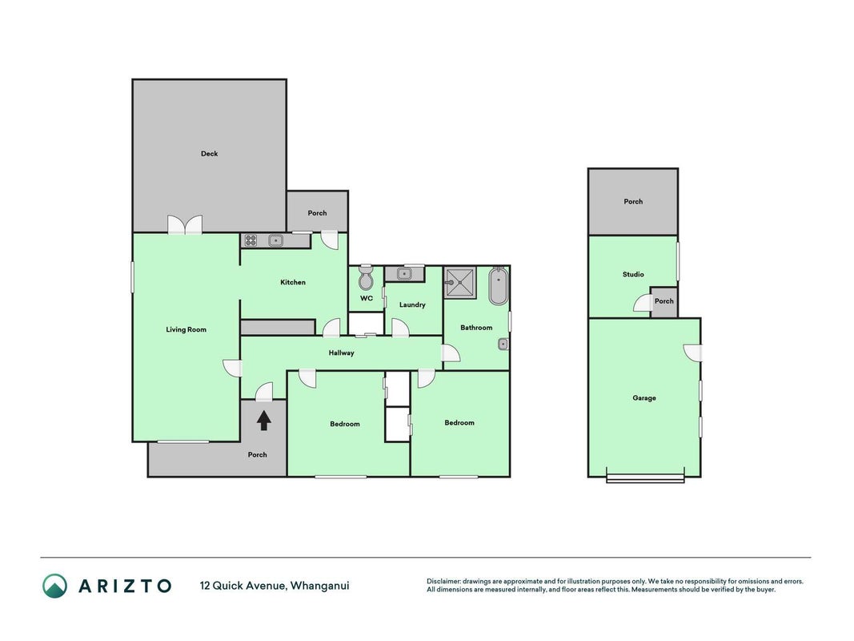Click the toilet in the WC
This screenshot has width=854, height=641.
(x=366, y=278)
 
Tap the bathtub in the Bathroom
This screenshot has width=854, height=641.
(x=499, y=285)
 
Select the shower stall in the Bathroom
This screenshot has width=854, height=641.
(x=460, y=283)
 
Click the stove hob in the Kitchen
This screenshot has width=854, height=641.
(x=251, y=240)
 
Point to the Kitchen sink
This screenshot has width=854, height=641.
(x=276, y=240)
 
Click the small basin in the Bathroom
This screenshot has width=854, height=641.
(x=503, y=344)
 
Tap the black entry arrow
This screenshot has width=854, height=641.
(x=264, y=421)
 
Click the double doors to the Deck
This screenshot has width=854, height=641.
(x=185, y=224)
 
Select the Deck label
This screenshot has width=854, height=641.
(x=209, y=154)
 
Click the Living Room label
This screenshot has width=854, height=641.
(x=186, y=329)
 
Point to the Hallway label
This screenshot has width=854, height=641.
(x=342, y=353)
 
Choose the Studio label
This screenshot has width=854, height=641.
(x=633, y=274)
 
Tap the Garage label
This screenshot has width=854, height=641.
(x=644, y=398)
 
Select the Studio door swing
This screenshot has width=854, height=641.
(x=643, y=303)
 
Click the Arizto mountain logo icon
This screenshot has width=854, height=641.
(x=55, y=586)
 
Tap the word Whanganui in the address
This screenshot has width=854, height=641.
(x=319, y=586)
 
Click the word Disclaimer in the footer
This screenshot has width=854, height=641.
(x=443, y=582)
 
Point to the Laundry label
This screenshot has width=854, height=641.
(x=412, y=304)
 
